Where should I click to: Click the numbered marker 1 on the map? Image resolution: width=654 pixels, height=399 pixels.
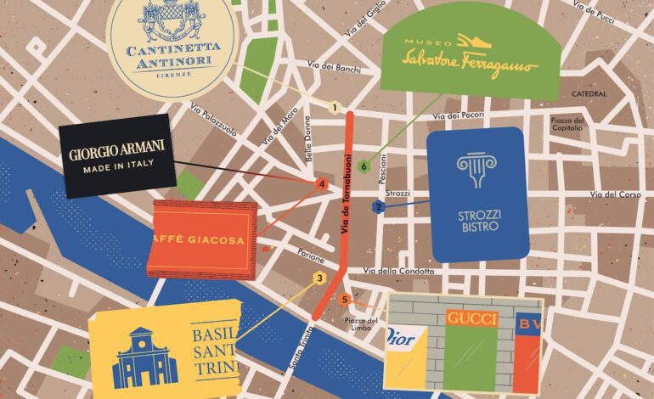tap(335, 108)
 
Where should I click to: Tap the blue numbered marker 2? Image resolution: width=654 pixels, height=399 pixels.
tap(379, 206)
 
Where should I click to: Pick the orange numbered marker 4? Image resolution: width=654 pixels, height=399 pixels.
tap(321, 183)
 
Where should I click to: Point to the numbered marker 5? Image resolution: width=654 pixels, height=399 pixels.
tap(344, 300)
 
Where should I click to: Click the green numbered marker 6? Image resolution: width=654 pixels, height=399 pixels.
tap(364, 166)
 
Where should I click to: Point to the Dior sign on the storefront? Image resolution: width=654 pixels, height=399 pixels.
tap(401, 340)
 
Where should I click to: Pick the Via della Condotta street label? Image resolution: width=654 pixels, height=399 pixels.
tap(398, 271)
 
